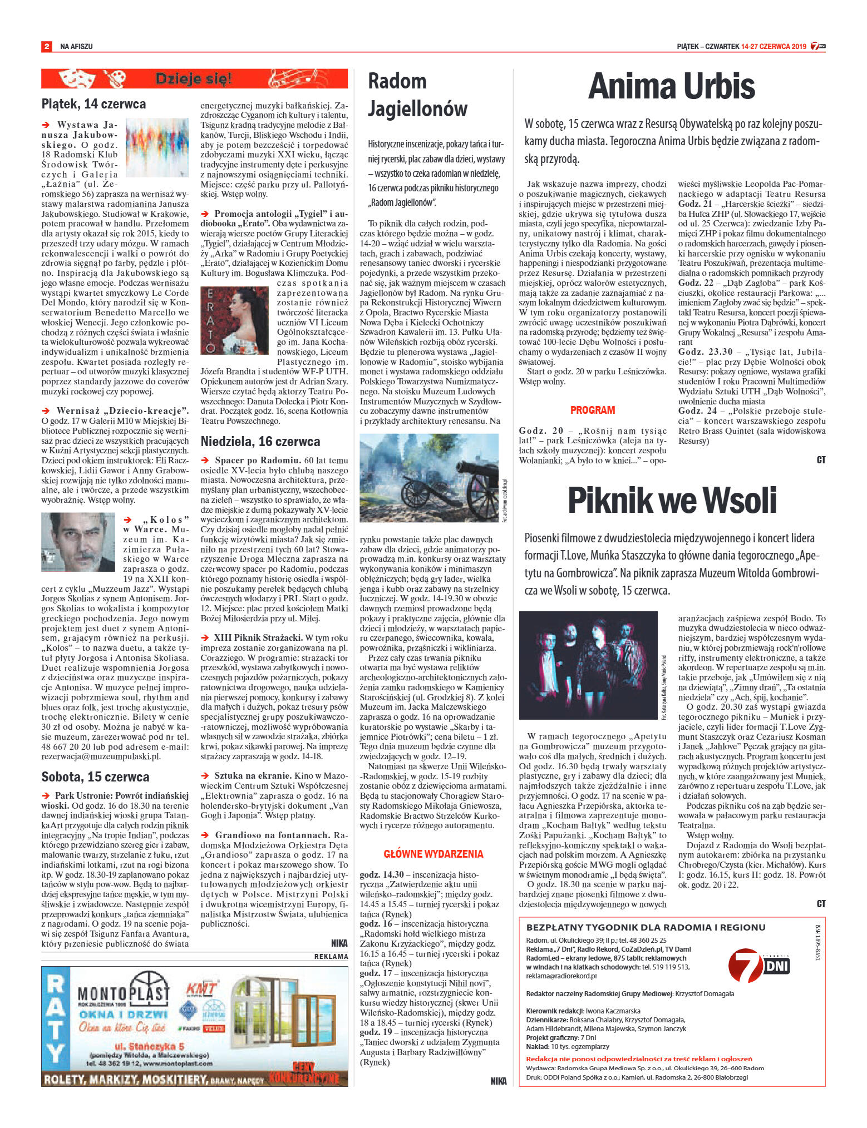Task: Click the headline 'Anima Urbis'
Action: (x=671, y=86)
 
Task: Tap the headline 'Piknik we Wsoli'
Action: (x=672, y=500)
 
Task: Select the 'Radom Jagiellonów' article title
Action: (x=417, y=95)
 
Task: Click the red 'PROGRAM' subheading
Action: (x=592, y=410)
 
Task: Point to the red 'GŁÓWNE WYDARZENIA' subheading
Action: (x=433, y=854)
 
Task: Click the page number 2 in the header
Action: (x=46, y=47)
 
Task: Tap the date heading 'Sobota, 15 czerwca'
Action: (x=95, y=776)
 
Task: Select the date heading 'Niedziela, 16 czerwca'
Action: (x=260, y=442)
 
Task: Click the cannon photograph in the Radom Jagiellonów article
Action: (x=429, y=478)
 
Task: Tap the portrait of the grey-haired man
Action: (x=78, y=542)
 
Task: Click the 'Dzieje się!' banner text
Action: (x=193, y=79)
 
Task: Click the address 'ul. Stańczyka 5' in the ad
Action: (x=149, y=1045)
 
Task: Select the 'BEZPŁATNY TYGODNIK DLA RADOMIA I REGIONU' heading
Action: (x=646, y=927)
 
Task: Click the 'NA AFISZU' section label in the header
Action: (x=76, y=47)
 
